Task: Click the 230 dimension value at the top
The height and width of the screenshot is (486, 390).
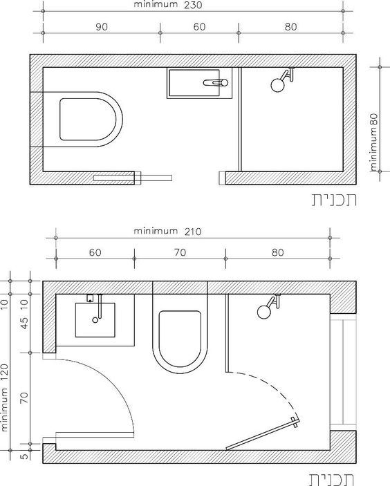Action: [x=193, y=5]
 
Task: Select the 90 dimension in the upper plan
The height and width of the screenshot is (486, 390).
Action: [x=102, y=27]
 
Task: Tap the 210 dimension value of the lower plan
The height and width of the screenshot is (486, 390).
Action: [x=193, y=232]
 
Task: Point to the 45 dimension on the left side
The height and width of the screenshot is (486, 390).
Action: [x=24, y=323]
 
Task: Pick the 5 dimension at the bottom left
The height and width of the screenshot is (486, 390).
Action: [x=24, y=456]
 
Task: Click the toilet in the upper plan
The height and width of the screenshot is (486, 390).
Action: [x=83, y=120]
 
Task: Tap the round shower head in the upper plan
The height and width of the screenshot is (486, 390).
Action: [x=277, y=85]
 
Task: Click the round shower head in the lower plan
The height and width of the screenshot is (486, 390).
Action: [x=264, y=312]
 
